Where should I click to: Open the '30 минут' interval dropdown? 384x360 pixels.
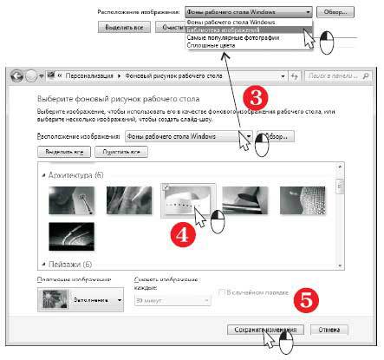pyautogui.click(x=172, y=299)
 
